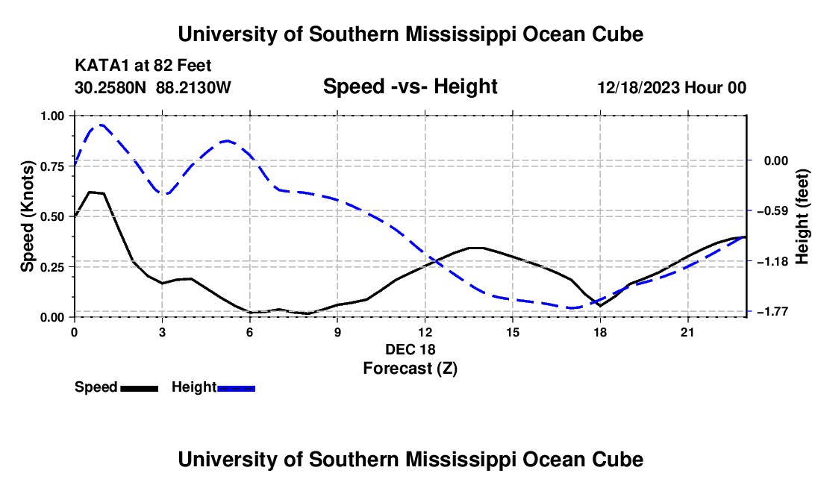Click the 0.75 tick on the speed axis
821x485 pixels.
pos(51,166)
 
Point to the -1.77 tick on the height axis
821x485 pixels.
pos(775,311)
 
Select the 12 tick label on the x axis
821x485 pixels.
pos(425,332)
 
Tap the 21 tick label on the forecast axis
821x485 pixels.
pos(687,332)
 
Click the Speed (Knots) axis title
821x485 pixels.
pos(27,216)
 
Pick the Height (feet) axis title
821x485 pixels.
pos(802,216)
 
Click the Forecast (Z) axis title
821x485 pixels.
pos(410,369)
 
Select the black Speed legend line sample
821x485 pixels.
pos(140,388)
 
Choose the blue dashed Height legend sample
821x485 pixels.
pos(236,388)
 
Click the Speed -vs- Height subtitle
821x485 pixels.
pos(410,87)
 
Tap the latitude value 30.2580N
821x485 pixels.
pos(110,87)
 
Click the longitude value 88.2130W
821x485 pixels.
pos(193,87)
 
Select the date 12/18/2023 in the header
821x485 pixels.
pos(640,87)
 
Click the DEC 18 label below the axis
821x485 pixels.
pos(410,349)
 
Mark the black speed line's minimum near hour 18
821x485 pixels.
pos(600,305)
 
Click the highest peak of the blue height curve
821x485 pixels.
pos(101,125)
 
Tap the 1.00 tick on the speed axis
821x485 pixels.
pos(51,116)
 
